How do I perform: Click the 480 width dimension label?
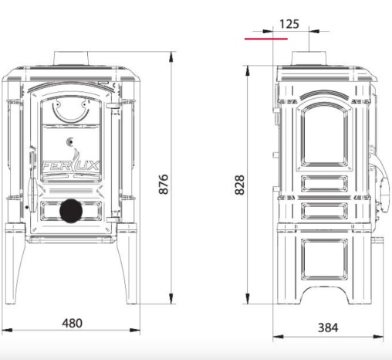point(72,323)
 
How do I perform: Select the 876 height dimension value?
point(164,184)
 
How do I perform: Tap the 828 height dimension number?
point(240,185)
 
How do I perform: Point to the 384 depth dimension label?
point(328,328)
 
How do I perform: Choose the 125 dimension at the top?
point(289,24)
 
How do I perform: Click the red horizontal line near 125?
point(266,39)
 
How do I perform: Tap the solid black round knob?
point(71,211)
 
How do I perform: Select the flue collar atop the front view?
point(71,58)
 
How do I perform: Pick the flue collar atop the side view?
point(309,58)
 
